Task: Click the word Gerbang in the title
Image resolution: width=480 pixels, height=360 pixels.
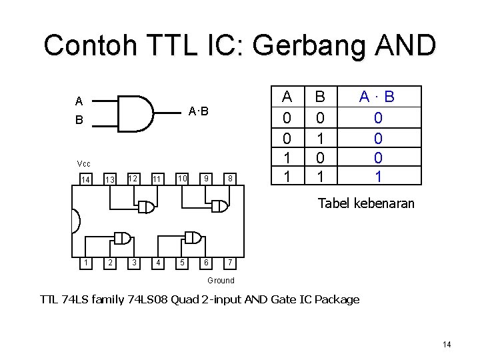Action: [x=307, y=45]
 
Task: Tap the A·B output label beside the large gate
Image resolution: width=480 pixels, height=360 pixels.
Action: [x=198, y=111]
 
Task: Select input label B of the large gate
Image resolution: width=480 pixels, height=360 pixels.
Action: [x=79, y=121]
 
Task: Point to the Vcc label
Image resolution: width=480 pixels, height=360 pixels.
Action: [x=84, y=164]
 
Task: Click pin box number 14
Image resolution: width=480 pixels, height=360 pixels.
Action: [x=85, y=179]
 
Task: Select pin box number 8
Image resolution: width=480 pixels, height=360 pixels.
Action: [x=229, y=179]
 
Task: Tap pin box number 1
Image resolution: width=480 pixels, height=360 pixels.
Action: [x=85, y=263]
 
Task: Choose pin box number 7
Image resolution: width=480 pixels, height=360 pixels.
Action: [x=229, y=263]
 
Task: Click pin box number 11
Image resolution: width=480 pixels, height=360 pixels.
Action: [x=157, y=179]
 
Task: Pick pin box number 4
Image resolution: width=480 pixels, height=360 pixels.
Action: [x=157, y=263]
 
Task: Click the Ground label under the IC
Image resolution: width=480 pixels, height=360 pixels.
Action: [x=221, y=281]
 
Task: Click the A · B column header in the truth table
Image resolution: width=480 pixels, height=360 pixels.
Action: [x=377, y=97]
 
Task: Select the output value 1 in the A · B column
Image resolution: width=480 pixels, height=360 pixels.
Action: [x=378, y=176]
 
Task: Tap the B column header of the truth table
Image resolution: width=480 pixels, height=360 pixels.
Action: [x=320, y=97]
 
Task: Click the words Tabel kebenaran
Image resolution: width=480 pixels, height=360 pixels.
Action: [x=366, y=203]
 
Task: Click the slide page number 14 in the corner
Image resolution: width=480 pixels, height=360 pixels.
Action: [x=447, y=344]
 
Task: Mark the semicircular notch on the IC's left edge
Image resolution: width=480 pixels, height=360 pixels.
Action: [x=75, y=221]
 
